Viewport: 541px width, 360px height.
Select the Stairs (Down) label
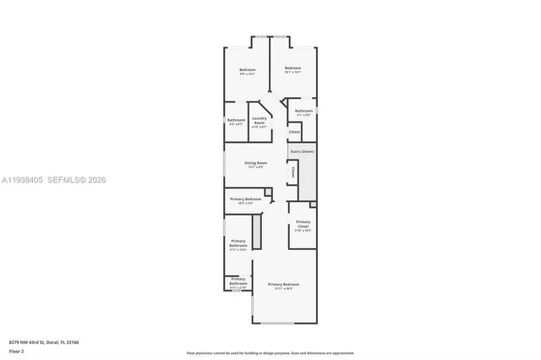click(302, 151)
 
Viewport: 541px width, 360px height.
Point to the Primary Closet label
click(303, 225)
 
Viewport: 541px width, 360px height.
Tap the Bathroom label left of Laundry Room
click(236, 121)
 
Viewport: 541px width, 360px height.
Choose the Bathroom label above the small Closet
click(303, 112)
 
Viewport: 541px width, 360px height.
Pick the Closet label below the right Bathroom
click(294, 132)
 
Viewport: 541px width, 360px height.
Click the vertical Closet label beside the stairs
click(292, 172)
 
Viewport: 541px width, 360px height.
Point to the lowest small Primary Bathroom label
click(238, 282)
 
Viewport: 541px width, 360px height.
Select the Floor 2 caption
click(17, 349)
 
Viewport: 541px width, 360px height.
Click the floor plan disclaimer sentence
click(270, 352)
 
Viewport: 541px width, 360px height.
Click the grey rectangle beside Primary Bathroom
click(258, 231)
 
